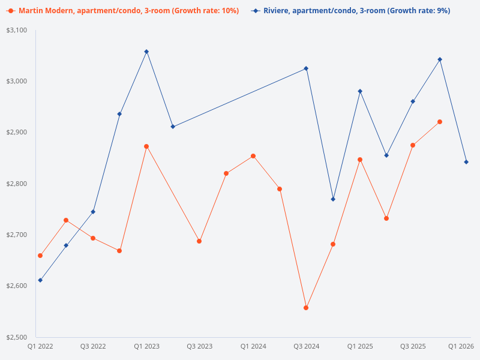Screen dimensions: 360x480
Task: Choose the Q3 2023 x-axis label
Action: pos(200,346)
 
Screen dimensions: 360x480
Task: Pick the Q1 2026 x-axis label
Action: pos(461,346)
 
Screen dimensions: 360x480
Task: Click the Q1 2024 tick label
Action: pos(253,346)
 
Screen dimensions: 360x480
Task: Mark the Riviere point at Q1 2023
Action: pos(146,52)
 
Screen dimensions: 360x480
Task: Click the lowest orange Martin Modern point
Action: pos(306,308)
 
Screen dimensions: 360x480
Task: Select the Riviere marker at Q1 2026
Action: pos(466,162)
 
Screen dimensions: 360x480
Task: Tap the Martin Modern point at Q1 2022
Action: pos(40,256)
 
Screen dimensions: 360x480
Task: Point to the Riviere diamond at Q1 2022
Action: pos(40,280)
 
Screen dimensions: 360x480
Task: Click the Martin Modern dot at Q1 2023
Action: pos(146,146)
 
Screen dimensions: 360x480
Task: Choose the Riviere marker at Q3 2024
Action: pos(306,68)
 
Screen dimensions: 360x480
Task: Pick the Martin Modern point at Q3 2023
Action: pos(199,241)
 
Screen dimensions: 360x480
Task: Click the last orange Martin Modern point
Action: pos(440,122)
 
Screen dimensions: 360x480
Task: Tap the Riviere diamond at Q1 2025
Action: pos(360,91)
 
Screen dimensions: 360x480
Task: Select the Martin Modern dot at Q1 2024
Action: pos(253,156)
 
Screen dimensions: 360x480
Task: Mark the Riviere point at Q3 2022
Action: pos(93,212)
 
